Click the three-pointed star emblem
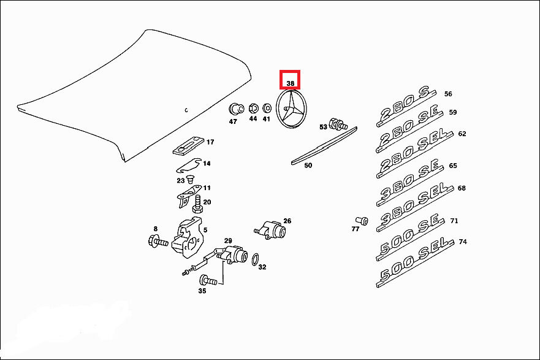click(291, 110)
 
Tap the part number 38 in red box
click(291, 82)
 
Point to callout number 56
click(448, 94)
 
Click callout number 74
click(462, 242)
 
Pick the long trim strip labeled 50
click(323, 146)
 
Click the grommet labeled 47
click(234, 110)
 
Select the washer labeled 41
click(267, 109)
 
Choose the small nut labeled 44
click(252, 109)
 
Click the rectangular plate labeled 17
click(187, 146)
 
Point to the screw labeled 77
click(361, 220)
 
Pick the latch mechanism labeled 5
click(186, 236)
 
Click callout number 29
click(227, 240)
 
